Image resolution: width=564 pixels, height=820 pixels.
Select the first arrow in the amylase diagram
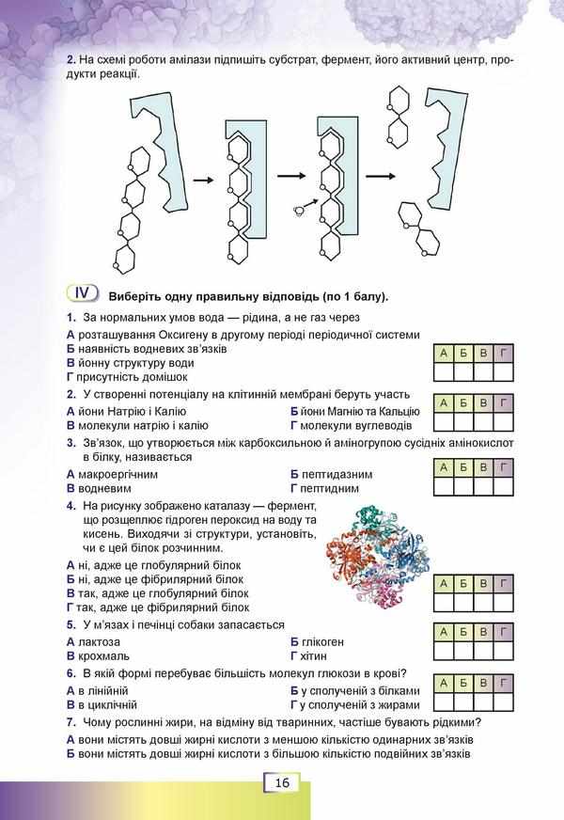(199, 178)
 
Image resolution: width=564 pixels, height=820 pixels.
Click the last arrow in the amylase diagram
(379, 176)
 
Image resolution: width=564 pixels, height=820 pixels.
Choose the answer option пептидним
(331, 489)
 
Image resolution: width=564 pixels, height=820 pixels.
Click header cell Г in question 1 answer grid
(504, 353)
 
